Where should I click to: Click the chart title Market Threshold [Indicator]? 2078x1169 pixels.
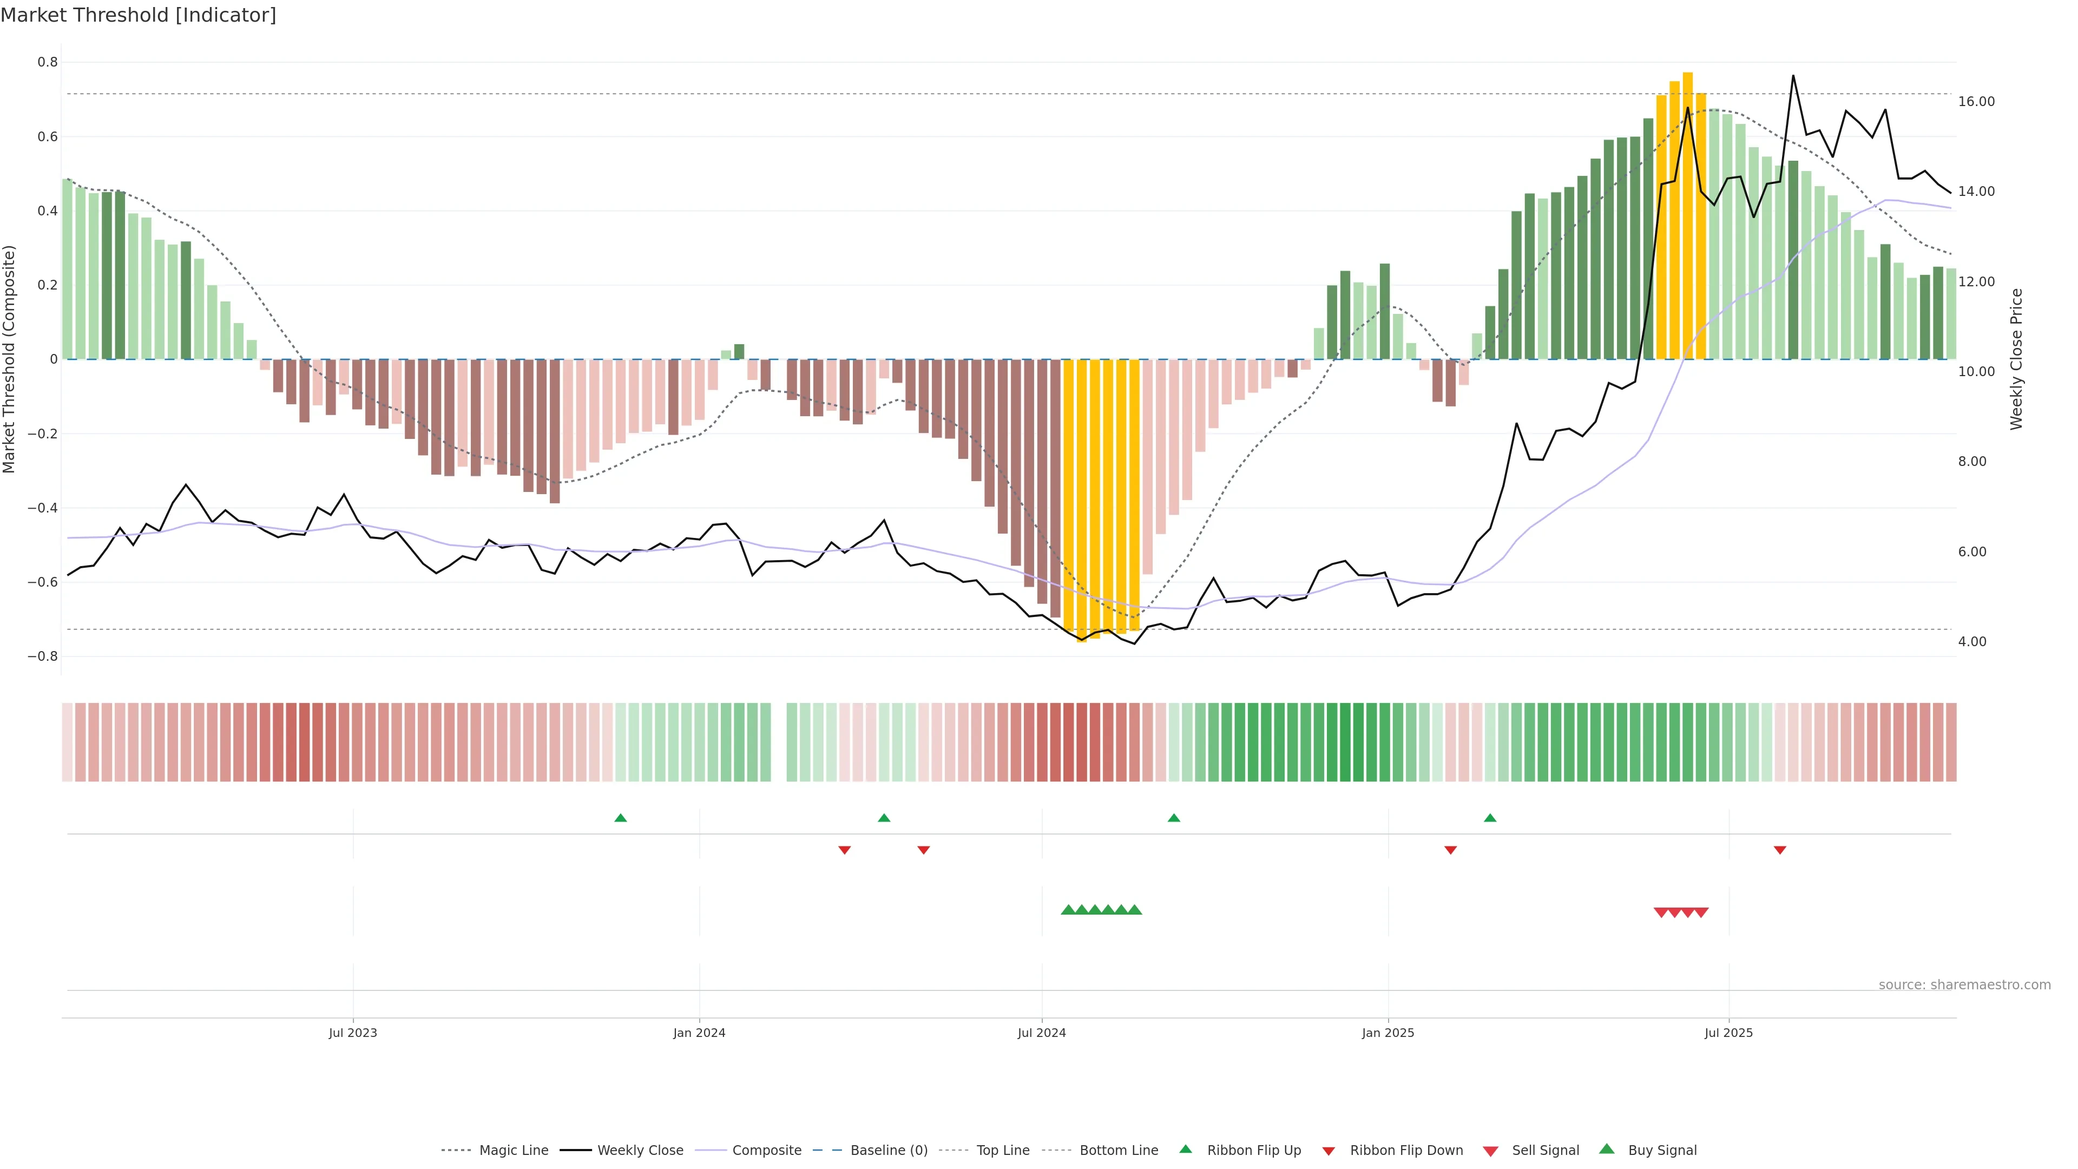click(138, 15)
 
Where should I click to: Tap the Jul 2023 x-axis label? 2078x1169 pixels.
click(352, 1033)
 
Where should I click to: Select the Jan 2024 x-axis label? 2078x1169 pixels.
click(699, 1033)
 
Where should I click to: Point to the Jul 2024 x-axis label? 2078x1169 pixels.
click(1041, 1033)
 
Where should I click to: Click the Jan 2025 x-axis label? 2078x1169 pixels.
click(1387, 1033)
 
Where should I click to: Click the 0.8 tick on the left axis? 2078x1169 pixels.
click(48, 62)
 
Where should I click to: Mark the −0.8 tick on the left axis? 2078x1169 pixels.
click(43, 656)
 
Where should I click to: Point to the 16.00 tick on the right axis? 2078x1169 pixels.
click(1976, 102)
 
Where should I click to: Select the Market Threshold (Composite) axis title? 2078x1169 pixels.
click(10, 359)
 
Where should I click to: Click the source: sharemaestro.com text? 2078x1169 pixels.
click(1964, 985)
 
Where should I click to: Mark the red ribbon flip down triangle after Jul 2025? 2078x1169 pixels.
click(1779, 850)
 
